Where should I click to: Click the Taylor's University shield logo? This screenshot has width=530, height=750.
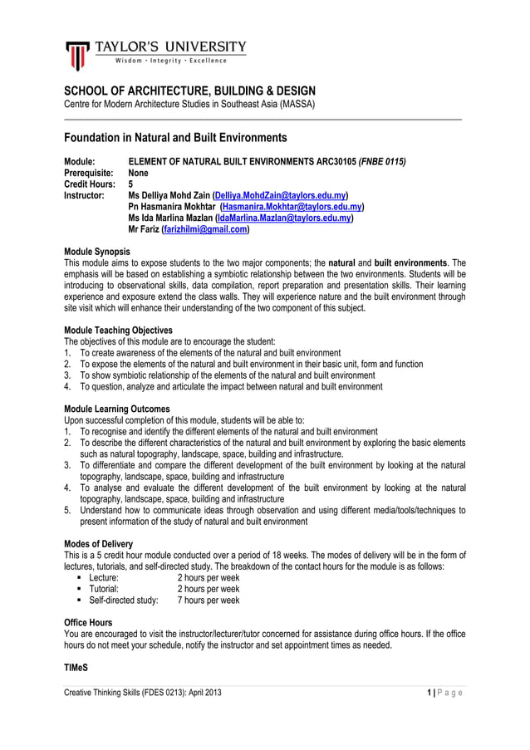pyautogui.click(x=77, y=55)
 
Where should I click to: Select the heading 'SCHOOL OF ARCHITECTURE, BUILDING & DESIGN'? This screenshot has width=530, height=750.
pyautogui.click(x=190, y=91)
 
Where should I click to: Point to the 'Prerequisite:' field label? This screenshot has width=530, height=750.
pyautogui.click(x=90, y=173)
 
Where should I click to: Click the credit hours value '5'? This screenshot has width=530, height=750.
pyautogui.click(x=130, y=184)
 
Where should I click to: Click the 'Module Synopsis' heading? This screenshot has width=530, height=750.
pyautogui.click(x=96, y=251)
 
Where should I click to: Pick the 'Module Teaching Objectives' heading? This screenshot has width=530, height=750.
pyautogui.click(x=118, y=330)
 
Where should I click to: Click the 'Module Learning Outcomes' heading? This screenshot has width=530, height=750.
pyautogui.click(x=116, y=409)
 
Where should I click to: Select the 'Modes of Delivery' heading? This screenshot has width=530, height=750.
pyautogui.click(x=98, y=543)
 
